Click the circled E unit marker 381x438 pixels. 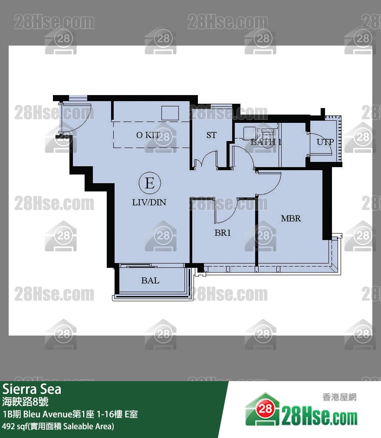[149, 183]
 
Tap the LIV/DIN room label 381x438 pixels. [149, 202]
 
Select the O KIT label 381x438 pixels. [148, 135]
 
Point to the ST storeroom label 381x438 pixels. [211, 135]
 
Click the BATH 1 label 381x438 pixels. [266, 142]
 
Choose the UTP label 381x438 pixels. [325, 142]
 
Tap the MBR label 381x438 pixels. [291, 218]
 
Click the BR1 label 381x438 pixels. [223, 233]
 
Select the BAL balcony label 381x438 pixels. [150, 280]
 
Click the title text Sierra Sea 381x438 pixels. [32, 389]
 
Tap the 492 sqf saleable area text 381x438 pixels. [58, 426]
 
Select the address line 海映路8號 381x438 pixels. [28, 401]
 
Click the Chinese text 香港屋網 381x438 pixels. [339, 397]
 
